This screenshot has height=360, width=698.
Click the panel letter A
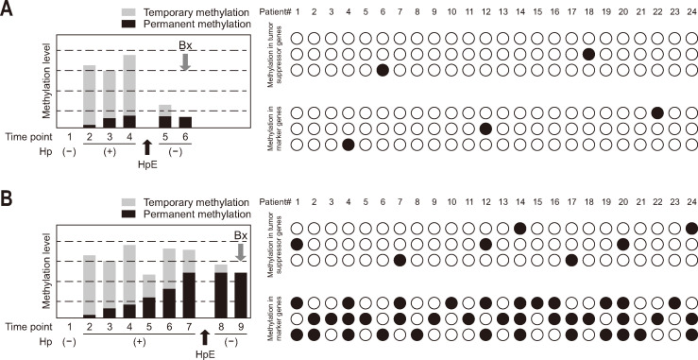coord(7,9)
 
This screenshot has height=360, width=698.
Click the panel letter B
coord(7,199)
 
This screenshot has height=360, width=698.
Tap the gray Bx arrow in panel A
coord(185,62)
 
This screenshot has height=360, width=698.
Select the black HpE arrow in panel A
coord(147,146)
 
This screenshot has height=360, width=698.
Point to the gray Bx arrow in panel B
coord(241,252)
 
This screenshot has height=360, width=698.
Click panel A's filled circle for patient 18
coord(588,55)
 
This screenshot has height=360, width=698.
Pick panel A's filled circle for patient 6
coord(383,71)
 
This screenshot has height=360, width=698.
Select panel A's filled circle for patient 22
coord(657,113)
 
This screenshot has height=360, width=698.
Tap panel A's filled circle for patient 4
coord(349,146)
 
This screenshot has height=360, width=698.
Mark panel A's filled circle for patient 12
coord(485,129)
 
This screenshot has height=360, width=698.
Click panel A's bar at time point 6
coord(185,123)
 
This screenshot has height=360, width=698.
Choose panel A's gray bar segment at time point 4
coord(129,85)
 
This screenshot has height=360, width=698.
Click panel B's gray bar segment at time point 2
coord(90,284)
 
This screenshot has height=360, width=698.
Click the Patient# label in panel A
coord(276,12)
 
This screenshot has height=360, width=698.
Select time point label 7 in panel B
coord(188,327)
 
